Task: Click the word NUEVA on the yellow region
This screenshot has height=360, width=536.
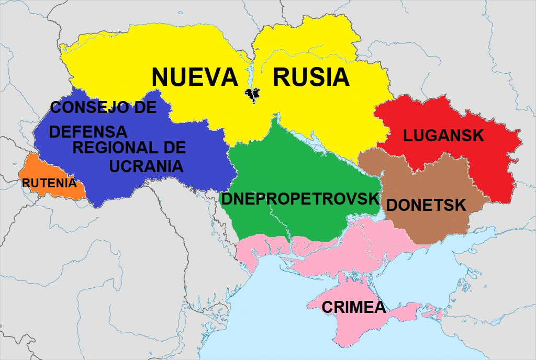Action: point(195,77)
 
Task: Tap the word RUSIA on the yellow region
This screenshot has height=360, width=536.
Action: point(311,77)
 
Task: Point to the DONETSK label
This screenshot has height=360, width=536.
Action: point(426,205)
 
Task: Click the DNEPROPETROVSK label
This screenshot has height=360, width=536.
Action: point(300,199)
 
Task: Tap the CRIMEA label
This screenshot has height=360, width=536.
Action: point(353,307)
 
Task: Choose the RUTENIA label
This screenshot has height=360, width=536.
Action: point(49,184)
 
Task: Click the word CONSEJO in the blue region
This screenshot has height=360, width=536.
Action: point(88,108)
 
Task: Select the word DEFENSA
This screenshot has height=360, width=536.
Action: point(88,131)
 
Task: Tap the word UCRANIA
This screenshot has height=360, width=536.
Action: point(146,166)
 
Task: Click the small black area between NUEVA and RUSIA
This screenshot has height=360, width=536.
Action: point(253,94)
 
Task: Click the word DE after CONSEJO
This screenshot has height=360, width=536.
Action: point(143,108)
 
